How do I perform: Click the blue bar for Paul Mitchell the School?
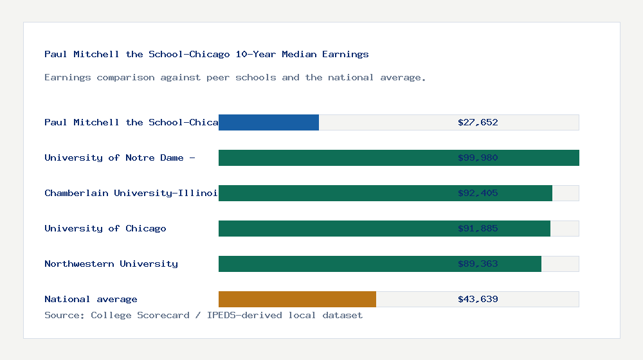click(269, 122)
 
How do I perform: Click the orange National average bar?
click(297, 299)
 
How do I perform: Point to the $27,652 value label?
click(478, 122)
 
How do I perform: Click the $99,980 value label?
click(478, 157)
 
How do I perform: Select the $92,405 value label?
click(478, 193)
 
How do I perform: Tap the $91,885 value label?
click(478, 228)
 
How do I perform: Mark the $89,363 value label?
click(478, 264)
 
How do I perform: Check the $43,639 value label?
click(478, 299)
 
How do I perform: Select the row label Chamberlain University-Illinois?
click(131, 193)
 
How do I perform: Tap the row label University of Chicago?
click(105, 228)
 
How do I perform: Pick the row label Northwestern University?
click(111, 264)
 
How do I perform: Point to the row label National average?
click(91, 299)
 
